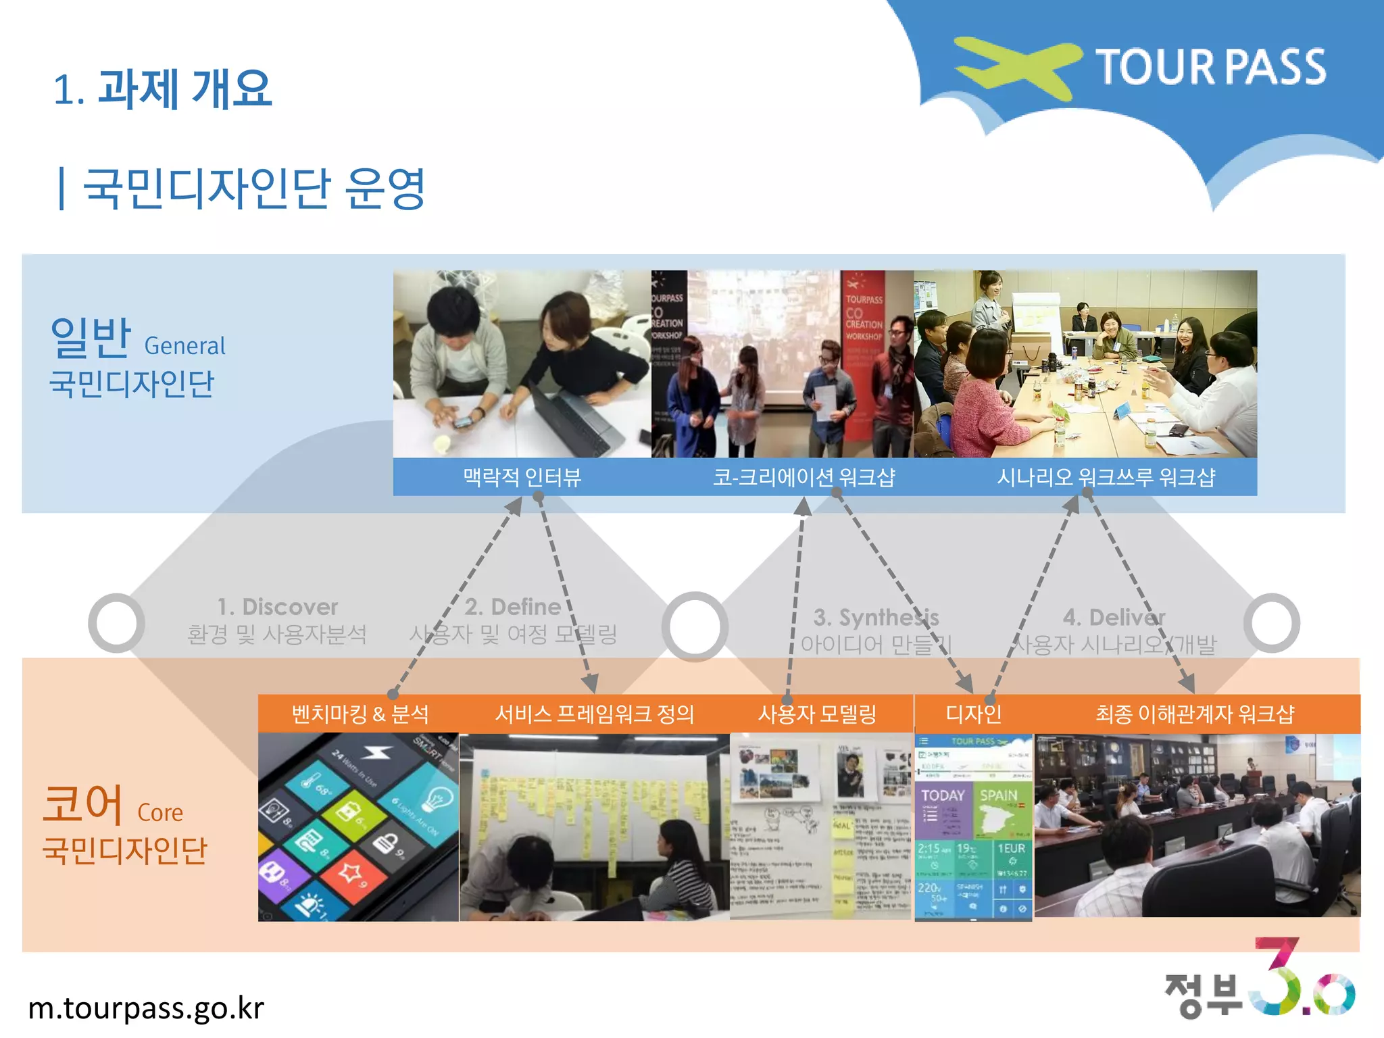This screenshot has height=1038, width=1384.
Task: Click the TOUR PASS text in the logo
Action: [1210, 67]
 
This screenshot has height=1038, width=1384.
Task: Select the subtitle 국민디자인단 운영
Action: [253, 189]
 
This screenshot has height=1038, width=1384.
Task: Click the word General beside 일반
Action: [184, 346]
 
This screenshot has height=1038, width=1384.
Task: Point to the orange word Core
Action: [160, 812]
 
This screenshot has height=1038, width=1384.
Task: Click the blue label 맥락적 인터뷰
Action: [522, 478]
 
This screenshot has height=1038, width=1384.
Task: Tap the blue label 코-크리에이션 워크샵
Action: [804, 478]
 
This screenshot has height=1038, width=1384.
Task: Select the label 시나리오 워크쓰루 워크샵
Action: [1106, 478]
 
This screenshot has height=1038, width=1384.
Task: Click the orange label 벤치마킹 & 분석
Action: [360, 714]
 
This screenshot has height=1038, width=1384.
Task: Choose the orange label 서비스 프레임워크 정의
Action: [594, 714]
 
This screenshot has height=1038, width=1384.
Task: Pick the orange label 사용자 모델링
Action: [816, 714]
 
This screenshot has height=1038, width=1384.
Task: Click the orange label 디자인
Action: [973, 714]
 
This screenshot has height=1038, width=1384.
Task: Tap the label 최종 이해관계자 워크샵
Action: [1194, 714]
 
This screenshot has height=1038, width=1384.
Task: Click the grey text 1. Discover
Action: [277, 606]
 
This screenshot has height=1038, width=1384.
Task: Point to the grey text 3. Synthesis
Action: [876, 617]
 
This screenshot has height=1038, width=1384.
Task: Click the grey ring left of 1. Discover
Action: [116, 622]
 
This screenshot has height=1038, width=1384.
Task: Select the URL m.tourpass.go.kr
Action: [146, 1008]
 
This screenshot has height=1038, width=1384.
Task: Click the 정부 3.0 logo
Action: [1260, 980]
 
